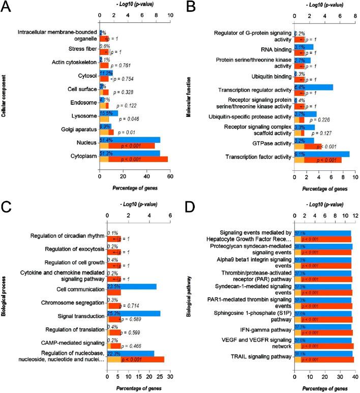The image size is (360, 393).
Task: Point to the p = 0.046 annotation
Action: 133,119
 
